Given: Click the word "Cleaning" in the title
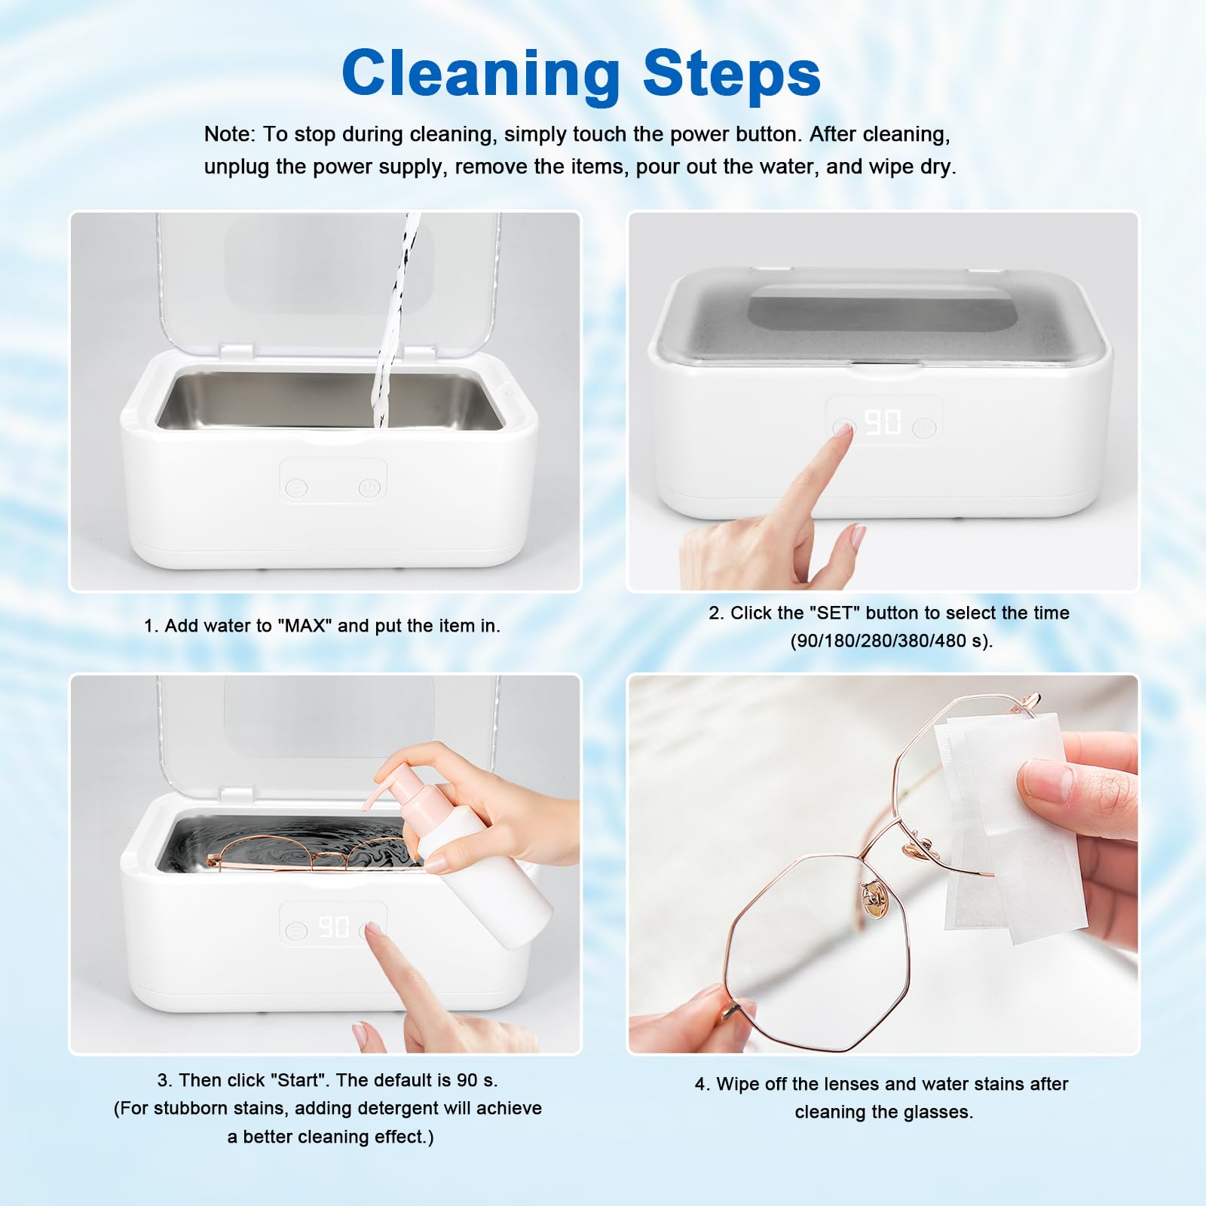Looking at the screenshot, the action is (480, 73).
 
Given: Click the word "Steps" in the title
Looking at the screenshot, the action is (731, 73).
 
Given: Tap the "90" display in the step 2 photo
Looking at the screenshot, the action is (882, 422).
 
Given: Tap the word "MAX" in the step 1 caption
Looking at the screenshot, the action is (305, 626).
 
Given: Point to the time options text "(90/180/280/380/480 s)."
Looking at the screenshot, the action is (891, 641).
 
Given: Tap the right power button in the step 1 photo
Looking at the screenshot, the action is (369, 488).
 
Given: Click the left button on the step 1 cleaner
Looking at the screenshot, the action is (297, 488).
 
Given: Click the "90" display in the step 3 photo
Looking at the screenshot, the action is (334, 927).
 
